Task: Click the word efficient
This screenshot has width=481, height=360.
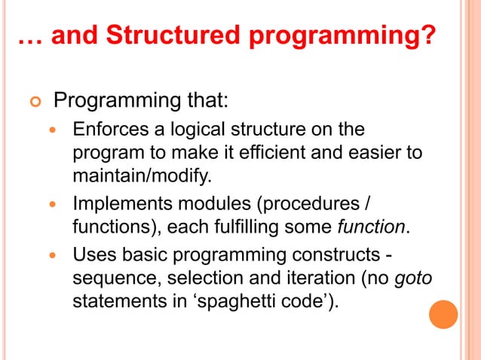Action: (290, 154)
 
